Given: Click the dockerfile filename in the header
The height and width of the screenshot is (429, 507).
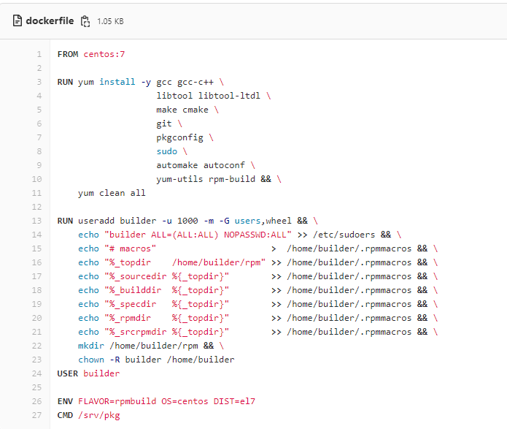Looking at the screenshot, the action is (50, 20).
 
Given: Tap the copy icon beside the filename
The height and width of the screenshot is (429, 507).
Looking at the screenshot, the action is (85, 21).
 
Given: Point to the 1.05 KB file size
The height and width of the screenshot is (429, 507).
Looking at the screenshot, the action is (110, 21).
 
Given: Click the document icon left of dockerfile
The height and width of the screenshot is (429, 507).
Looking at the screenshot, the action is (18, 20).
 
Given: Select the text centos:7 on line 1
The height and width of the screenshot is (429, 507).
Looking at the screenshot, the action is (104, 54).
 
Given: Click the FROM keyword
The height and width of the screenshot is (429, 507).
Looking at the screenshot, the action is (68, 54).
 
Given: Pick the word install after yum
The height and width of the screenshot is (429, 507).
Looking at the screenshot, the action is (117, 82).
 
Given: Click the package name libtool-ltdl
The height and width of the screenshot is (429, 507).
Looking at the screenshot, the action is (229, 96).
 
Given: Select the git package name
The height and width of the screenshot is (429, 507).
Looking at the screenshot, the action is (164, 124).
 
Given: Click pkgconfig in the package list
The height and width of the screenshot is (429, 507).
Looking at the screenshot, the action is (179, 137).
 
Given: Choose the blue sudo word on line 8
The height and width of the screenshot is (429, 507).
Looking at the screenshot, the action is (167, 151).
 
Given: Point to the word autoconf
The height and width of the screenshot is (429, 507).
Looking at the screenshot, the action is (224, 165).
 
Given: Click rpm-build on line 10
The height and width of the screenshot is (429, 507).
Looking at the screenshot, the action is (232, 179).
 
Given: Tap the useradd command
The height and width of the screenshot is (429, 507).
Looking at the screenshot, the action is (96, 221).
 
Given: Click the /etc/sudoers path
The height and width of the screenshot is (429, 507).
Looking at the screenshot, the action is (344, 235).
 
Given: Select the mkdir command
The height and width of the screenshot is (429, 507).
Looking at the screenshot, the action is (91, 346).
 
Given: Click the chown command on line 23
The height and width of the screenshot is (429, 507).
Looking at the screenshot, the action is (91, 360).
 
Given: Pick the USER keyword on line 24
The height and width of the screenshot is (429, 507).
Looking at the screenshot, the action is (68, 373).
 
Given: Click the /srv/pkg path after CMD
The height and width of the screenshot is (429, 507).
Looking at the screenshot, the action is (99, 415).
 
